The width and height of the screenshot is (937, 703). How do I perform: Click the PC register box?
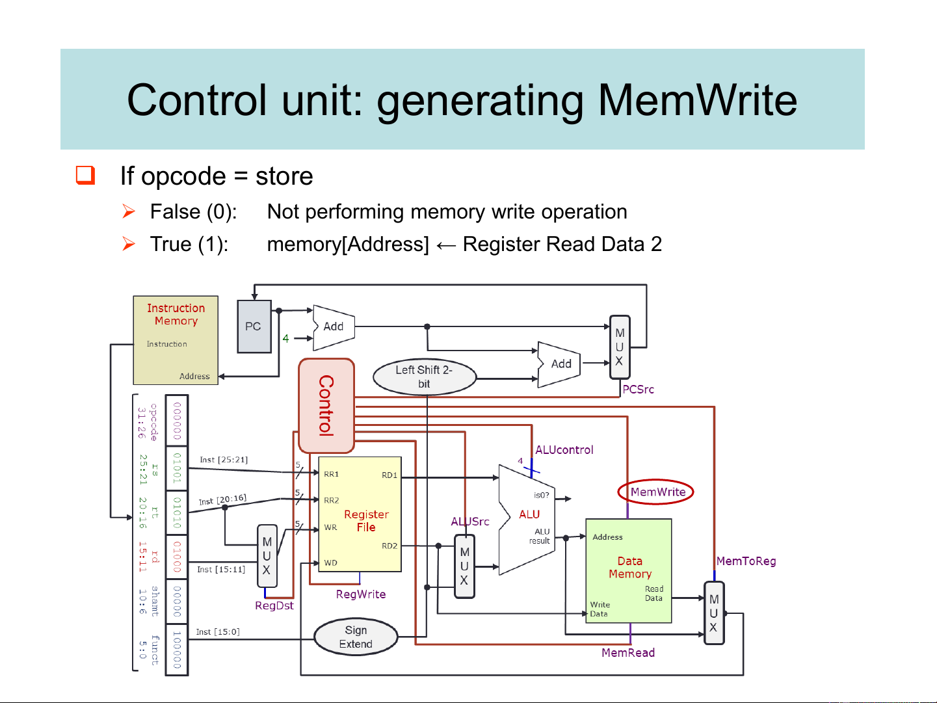pos(254,326)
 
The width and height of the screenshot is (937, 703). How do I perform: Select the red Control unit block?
pos(326,405)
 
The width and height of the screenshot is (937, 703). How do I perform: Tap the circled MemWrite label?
pos(657,492)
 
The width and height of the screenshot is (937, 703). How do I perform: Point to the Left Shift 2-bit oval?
pos(424,377)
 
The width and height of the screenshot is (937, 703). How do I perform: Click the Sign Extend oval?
pos(356,637)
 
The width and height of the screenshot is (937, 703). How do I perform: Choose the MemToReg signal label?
pos(746,561)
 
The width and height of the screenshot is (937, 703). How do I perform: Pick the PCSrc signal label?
pos(638,389)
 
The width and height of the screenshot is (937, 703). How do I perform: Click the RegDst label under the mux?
pos(274,605)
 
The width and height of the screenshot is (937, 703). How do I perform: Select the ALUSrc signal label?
pos(469,522)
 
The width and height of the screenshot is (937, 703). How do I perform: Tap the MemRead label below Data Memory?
pos(627,652)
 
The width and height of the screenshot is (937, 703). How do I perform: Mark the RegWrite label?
pos(361,594)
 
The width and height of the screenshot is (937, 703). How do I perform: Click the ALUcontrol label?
pos(564,449)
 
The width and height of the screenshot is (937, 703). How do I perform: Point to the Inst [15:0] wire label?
pos(218,631)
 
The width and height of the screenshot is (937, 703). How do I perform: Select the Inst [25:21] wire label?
pos(224,460)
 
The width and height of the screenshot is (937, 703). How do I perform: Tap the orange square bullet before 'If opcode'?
pos(86,175)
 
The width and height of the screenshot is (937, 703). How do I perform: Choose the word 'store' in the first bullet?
pos(284,176)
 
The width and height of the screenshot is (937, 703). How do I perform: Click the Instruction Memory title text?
pos(176,314)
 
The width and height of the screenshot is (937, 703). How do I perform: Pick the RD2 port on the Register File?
pos(389,546)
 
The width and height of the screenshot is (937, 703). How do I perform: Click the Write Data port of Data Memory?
pos(599,609)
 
